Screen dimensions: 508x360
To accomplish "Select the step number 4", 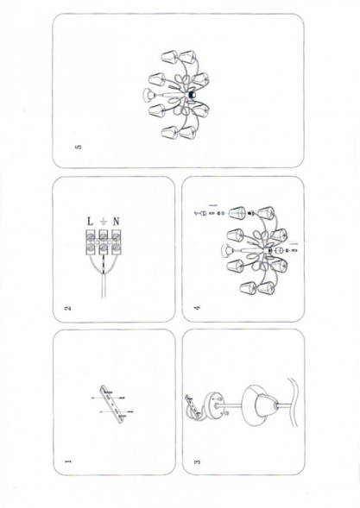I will pyautogui.click(x=198, y=307).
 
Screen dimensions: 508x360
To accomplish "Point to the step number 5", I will pyautogui.click(x=79, y=147).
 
